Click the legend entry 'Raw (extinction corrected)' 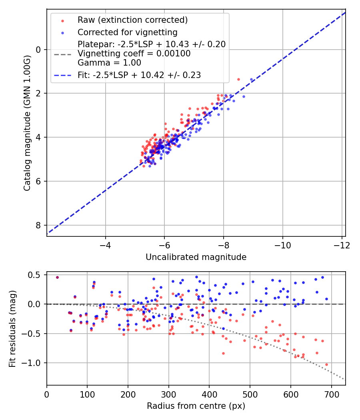[x=133, y=20]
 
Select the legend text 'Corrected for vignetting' [x=128, y=32]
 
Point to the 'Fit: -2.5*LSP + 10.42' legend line [x=139, y=75]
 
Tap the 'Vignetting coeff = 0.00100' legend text [x=134, y=54]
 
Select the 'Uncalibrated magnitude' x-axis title [x=196, y=257]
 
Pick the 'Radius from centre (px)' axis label [x=196, y=406]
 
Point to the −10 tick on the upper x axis [x=282, y=244]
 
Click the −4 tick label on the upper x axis [x=106, y=244]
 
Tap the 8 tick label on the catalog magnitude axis [x=39, y=225]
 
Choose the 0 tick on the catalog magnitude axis [x=39, y=50]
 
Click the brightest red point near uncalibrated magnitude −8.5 [x=238, y=79]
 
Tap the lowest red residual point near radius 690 [x=326, y=364]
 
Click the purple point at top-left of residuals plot [x=57, y=277]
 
